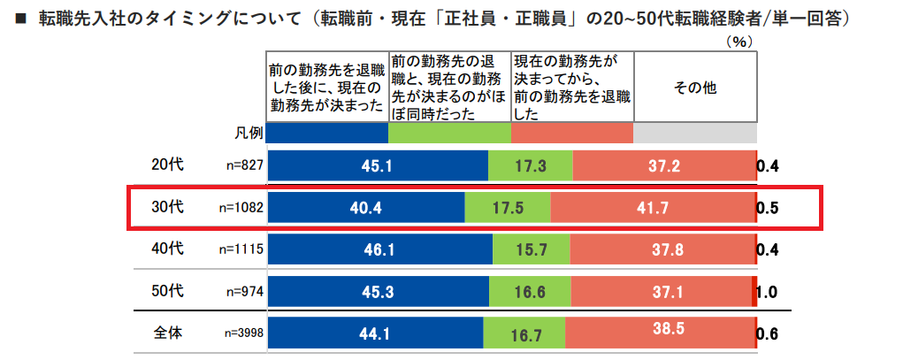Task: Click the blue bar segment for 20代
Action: pos(378,166)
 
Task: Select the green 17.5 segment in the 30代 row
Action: pos(508,208)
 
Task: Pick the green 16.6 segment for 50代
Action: pos(530,291)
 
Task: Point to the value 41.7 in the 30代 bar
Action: pos(653,209)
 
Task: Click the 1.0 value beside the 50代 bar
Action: pos(766,291)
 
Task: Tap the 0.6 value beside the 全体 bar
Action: pos(766,333)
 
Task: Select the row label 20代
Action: pos(166,165)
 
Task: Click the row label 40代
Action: pos(166,249)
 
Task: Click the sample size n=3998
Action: pos(241,333)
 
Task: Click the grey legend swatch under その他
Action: pos(695,133)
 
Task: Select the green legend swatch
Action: pos(449,133)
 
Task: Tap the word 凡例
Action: pos(249,133)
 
